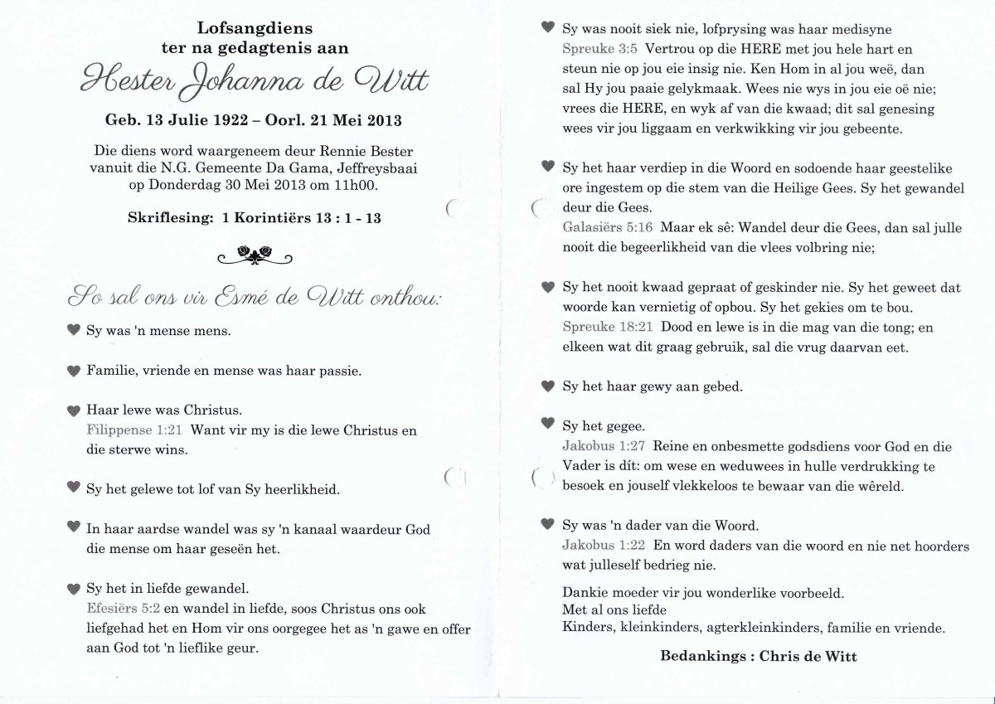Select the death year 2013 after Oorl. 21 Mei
point(383,121)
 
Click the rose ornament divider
point(255,255)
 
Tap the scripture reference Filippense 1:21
point(136,430)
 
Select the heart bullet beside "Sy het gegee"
point(547,424)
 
